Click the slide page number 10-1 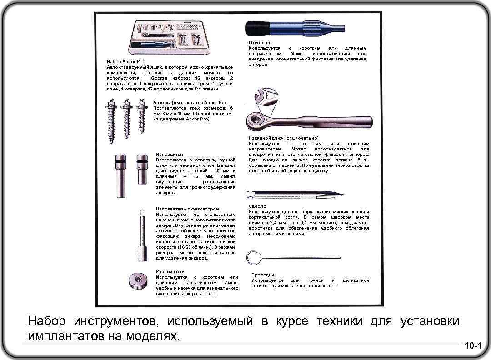[473, 346]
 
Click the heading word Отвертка [258, 42]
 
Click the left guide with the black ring [120, 175]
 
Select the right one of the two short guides [142, 170]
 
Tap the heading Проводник [264, 275]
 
